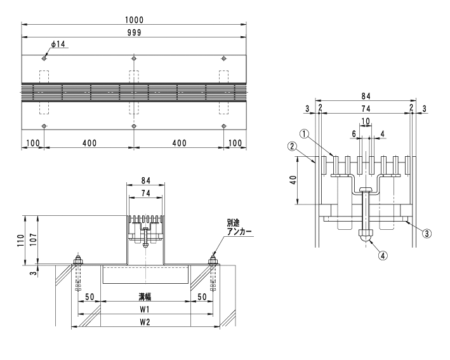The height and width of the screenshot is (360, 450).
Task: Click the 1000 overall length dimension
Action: tap(135, 20)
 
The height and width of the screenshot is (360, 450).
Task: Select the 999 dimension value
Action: tap(135, 33)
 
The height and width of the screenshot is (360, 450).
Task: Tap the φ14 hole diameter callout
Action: tap(58, 44)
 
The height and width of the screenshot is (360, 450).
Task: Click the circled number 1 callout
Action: tap(305, 133)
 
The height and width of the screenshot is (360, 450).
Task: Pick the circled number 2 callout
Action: tap(292, 147)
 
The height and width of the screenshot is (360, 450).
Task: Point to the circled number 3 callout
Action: tap(427, 234)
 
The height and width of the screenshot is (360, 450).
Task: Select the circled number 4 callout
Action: tap(383, 255)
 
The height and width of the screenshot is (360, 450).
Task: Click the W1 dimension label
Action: tap(145, 309)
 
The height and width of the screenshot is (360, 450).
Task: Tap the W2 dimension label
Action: tap(145, 322)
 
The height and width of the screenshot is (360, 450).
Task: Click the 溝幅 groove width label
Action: tap(145, 297)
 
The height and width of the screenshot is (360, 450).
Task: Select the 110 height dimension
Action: tap(20, 240)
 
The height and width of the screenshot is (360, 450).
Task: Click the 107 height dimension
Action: tap(33, 239)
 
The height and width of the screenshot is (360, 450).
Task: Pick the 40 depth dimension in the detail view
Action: tap(294, 180)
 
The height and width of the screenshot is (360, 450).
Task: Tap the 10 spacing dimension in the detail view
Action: tap(366, 121)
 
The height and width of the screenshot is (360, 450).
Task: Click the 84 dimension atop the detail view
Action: tap(366, 96)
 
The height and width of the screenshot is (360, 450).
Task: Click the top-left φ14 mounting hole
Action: tap(44, 58)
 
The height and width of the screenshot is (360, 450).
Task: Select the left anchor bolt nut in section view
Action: tap(77, 261)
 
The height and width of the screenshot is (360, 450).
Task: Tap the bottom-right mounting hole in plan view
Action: tap(224, 126)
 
